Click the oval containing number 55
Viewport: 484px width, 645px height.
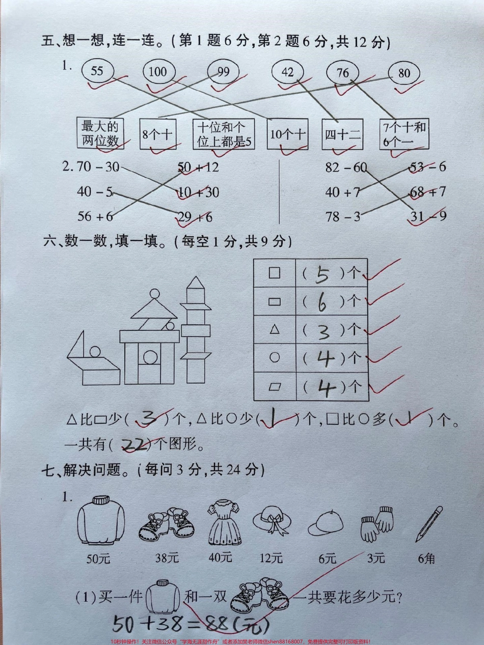tap(97, 71)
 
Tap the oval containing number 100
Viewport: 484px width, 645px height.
tap(157, 72)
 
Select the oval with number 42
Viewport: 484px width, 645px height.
tap(288, 72)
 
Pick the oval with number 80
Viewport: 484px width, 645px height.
tap(404, 73)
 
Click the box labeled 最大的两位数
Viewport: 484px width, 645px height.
tap(100, 133)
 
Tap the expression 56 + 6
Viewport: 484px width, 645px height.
tap(95, 216)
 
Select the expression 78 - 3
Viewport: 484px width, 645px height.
tap(343, 216)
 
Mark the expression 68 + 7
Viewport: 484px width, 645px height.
tap(428, 192)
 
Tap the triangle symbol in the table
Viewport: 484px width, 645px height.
tap(275, 330)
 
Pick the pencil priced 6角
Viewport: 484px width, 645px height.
tap(428, 524)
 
